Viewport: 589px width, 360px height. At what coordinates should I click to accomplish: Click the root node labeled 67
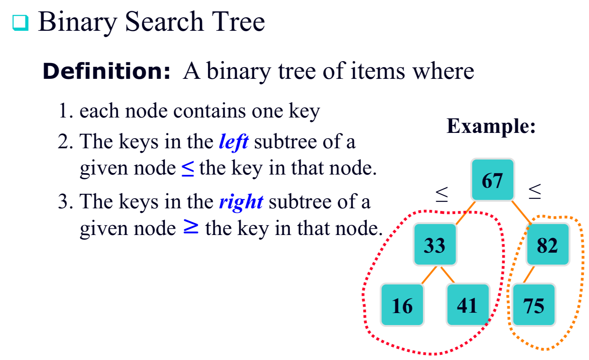tap(492, 180)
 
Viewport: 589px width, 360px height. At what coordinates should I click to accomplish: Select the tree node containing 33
tap(435, 245)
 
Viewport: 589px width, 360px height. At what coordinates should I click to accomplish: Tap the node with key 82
tap(547, 245)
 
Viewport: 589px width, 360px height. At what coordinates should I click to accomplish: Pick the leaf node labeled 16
tap(402, 305)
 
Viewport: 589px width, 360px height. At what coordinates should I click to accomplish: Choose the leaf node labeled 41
tap(467, 305)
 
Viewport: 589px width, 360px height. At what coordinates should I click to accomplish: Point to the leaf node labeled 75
tap(533, 305)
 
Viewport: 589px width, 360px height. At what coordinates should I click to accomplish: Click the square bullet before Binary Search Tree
tap(20, 23)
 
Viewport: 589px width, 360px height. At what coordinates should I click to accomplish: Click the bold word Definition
tap(106, 71)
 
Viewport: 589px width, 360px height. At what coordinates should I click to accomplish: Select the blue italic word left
tap(233, 142)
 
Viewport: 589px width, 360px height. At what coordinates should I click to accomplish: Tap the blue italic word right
tap(241, 202)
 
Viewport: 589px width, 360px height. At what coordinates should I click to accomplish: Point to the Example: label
tap(491, 126)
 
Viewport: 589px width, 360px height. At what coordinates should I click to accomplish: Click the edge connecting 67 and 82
tap(521, 212)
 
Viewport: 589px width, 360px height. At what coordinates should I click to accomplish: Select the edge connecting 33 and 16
tap(429, 275)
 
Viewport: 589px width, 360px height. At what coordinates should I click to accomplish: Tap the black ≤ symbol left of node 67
tap(442, 194)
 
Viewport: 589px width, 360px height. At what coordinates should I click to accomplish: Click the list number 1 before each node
tap(64, 111)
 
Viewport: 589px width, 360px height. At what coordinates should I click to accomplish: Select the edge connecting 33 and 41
tap(448, 275)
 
